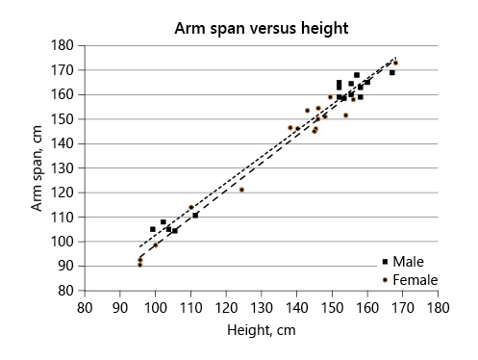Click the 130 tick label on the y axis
63,167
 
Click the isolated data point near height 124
241,190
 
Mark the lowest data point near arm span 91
139,264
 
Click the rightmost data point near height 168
395,63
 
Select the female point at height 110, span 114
191,207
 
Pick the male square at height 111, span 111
195,215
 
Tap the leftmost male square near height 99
153,229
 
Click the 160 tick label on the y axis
63,94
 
